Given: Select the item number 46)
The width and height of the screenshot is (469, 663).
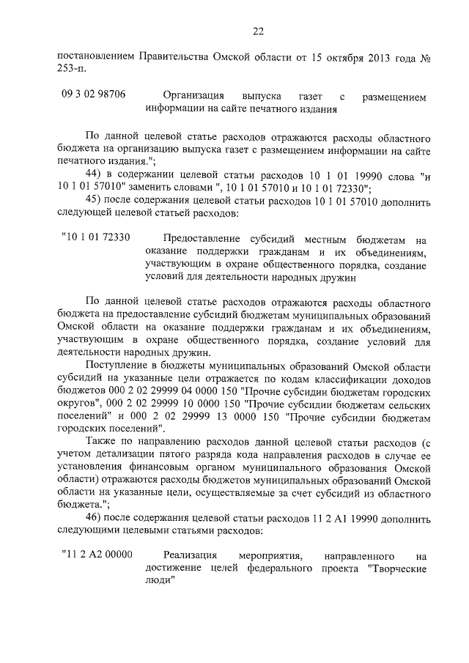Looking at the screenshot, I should [95, 518].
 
